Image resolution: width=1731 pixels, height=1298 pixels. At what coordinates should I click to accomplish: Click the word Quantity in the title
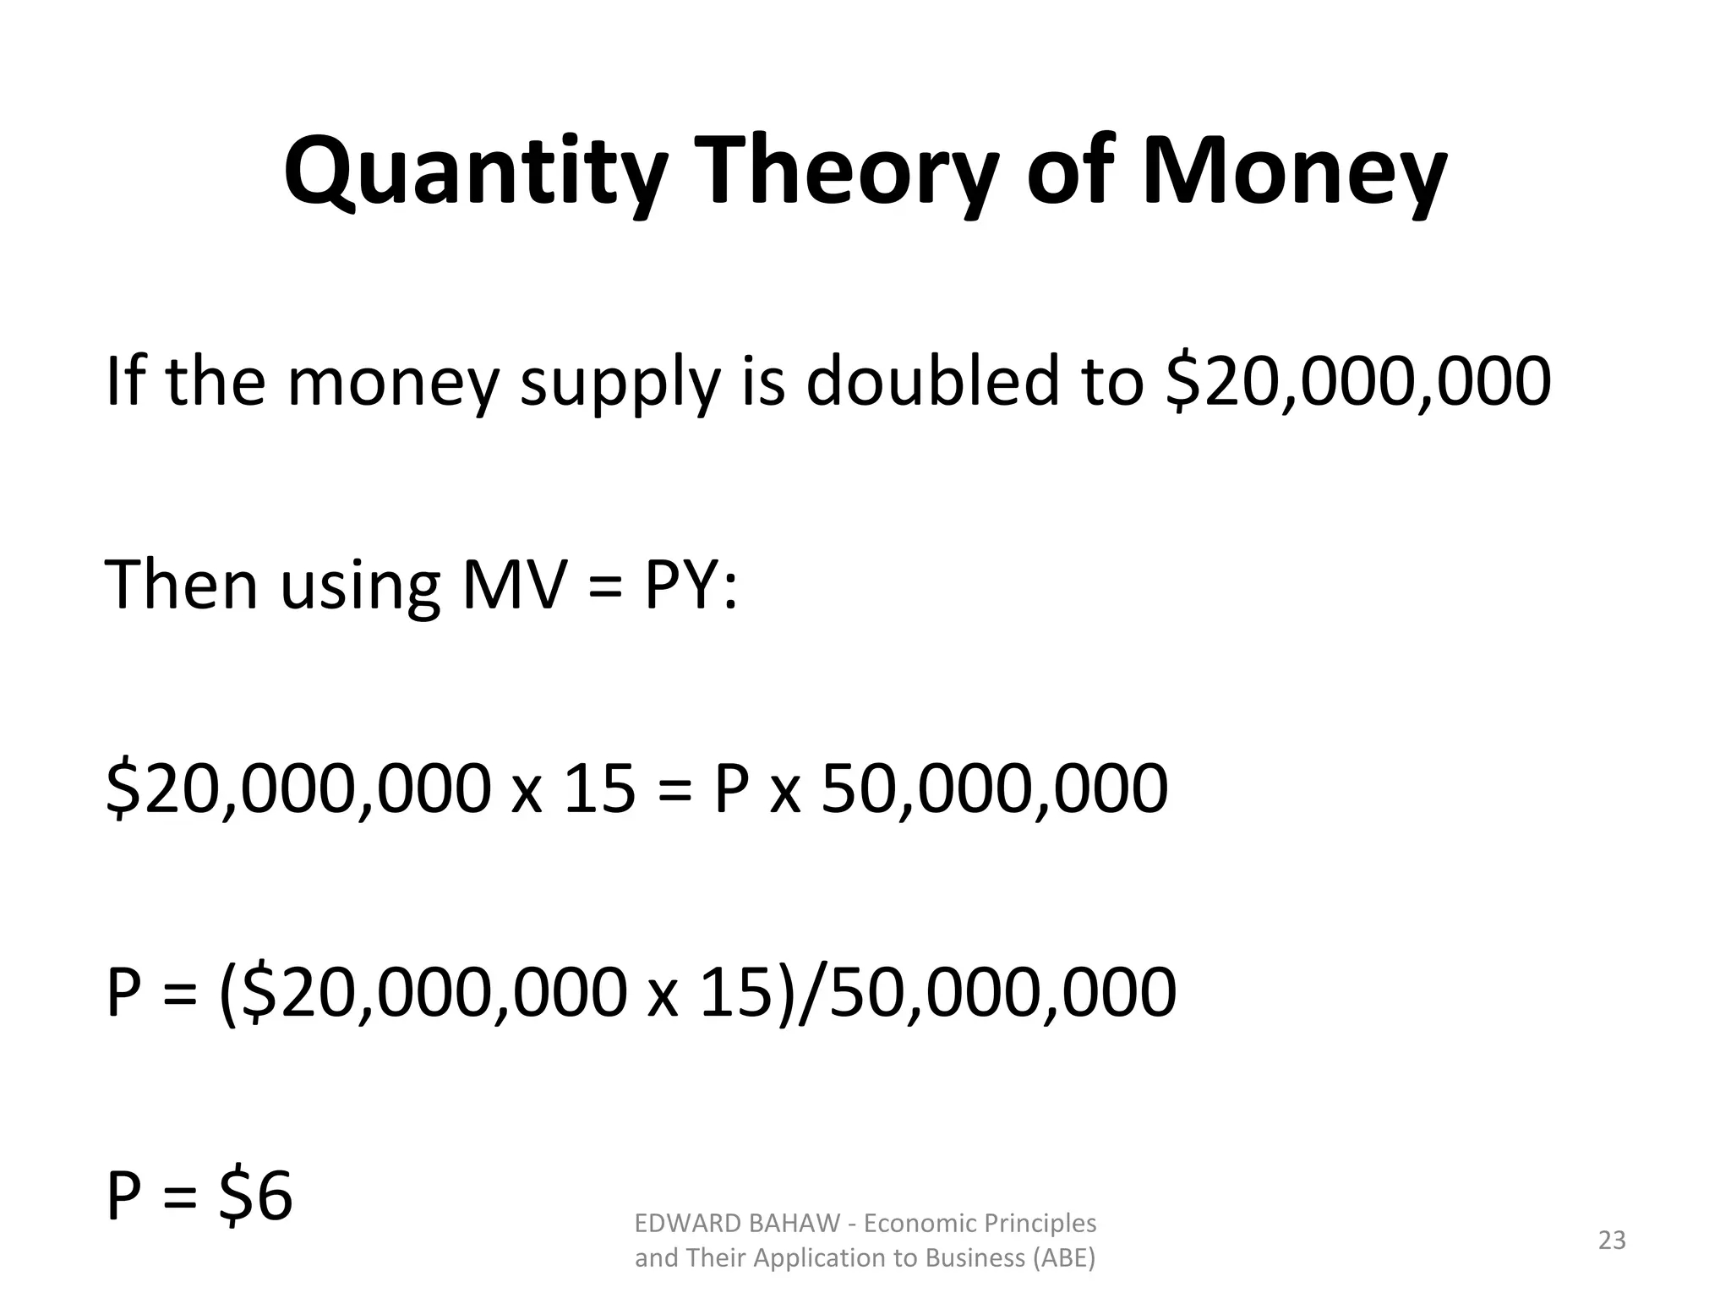(x=472, y=174)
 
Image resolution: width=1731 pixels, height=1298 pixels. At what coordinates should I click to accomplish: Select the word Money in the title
(x=1294, y=174)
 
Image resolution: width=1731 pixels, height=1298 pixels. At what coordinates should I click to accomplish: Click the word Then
(x=181, y=585)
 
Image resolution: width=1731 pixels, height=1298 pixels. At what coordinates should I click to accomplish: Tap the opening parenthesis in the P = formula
(x=227, y=994)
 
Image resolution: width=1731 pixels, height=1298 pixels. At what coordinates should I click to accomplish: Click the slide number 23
(x=1612, y=1241)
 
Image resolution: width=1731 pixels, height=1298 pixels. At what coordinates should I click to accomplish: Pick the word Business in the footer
(x=976, y=1258)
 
